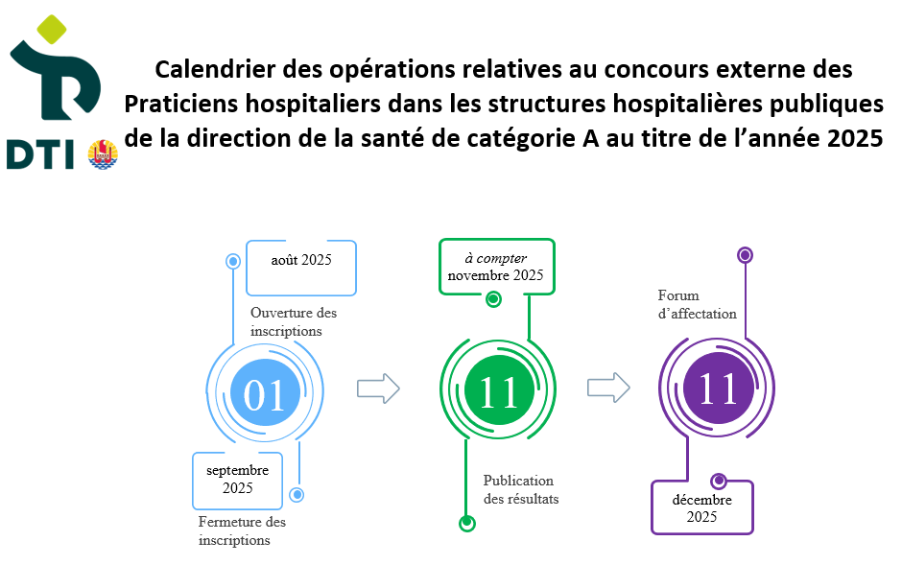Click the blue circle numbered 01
click(265, 392)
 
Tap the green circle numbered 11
click(499, 390)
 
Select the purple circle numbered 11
click(719, 388)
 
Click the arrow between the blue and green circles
click(378, 388)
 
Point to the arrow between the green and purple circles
click(608, 388)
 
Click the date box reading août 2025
click(301, 268)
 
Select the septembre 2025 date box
click(238, 481)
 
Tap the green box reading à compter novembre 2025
click(496, 267)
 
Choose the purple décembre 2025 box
click(701, 507)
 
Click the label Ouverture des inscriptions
click(294, 322)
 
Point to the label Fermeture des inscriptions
click(242, 530)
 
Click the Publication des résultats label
click(521, 489)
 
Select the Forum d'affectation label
click(697, 305)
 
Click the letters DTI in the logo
click(40, 155)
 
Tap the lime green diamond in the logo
click(51, 30)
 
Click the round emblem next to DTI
click(103, 154)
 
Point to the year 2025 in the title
click(855, 138)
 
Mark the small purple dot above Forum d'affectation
click(745, 254)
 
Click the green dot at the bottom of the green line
click(467, 523)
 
